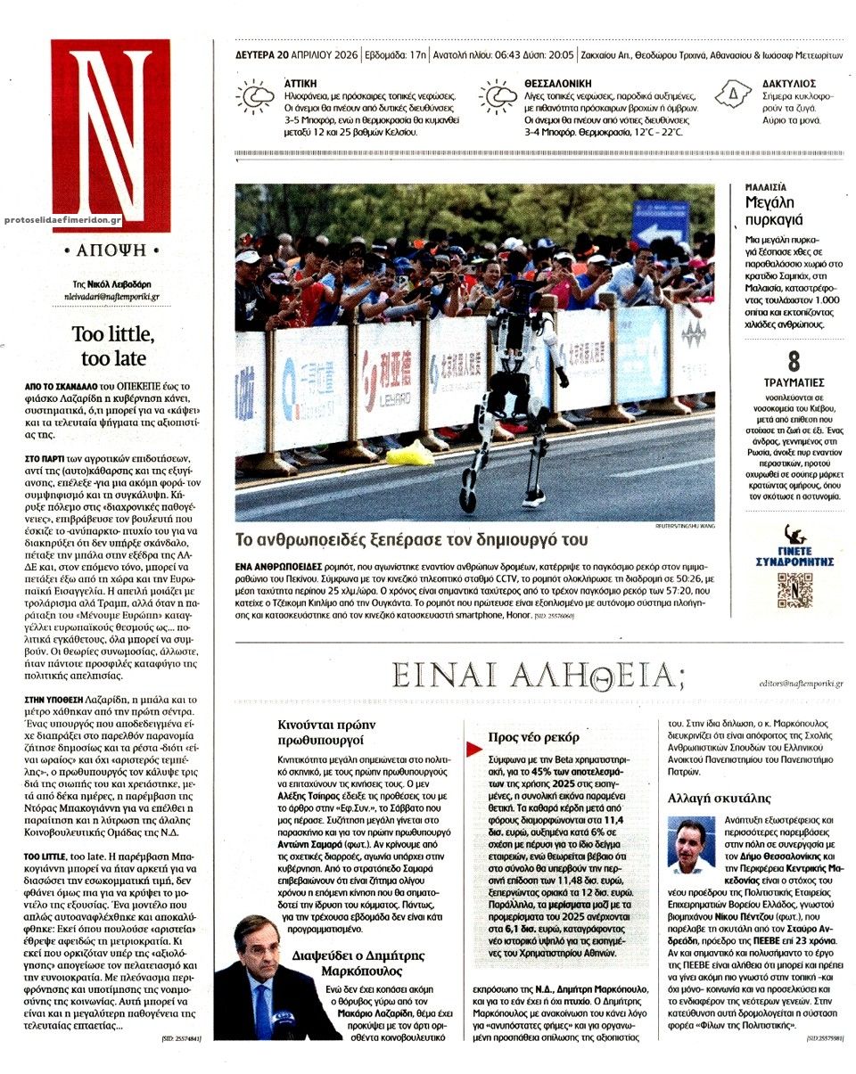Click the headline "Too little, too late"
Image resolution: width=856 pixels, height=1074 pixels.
tap(112, 347)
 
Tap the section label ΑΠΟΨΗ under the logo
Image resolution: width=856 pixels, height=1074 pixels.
tap(111, 250)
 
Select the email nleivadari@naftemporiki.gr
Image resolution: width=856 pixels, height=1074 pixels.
tap(110, 296)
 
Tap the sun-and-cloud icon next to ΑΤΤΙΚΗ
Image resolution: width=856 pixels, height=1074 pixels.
tap(254, 95)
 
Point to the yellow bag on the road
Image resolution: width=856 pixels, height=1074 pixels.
tap(409, 455)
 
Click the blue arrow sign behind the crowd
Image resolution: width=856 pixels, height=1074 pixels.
tap(660, 225)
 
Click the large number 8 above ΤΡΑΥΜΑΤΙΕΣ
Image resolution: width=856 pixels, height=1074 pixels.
tap(793, 362)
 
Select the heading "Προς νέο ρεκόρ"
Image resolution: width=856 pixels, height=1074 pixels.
tap(533, 737)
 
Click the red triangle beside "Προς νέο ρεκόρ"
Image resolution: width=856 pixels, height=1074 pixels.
tap(473, 739)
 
